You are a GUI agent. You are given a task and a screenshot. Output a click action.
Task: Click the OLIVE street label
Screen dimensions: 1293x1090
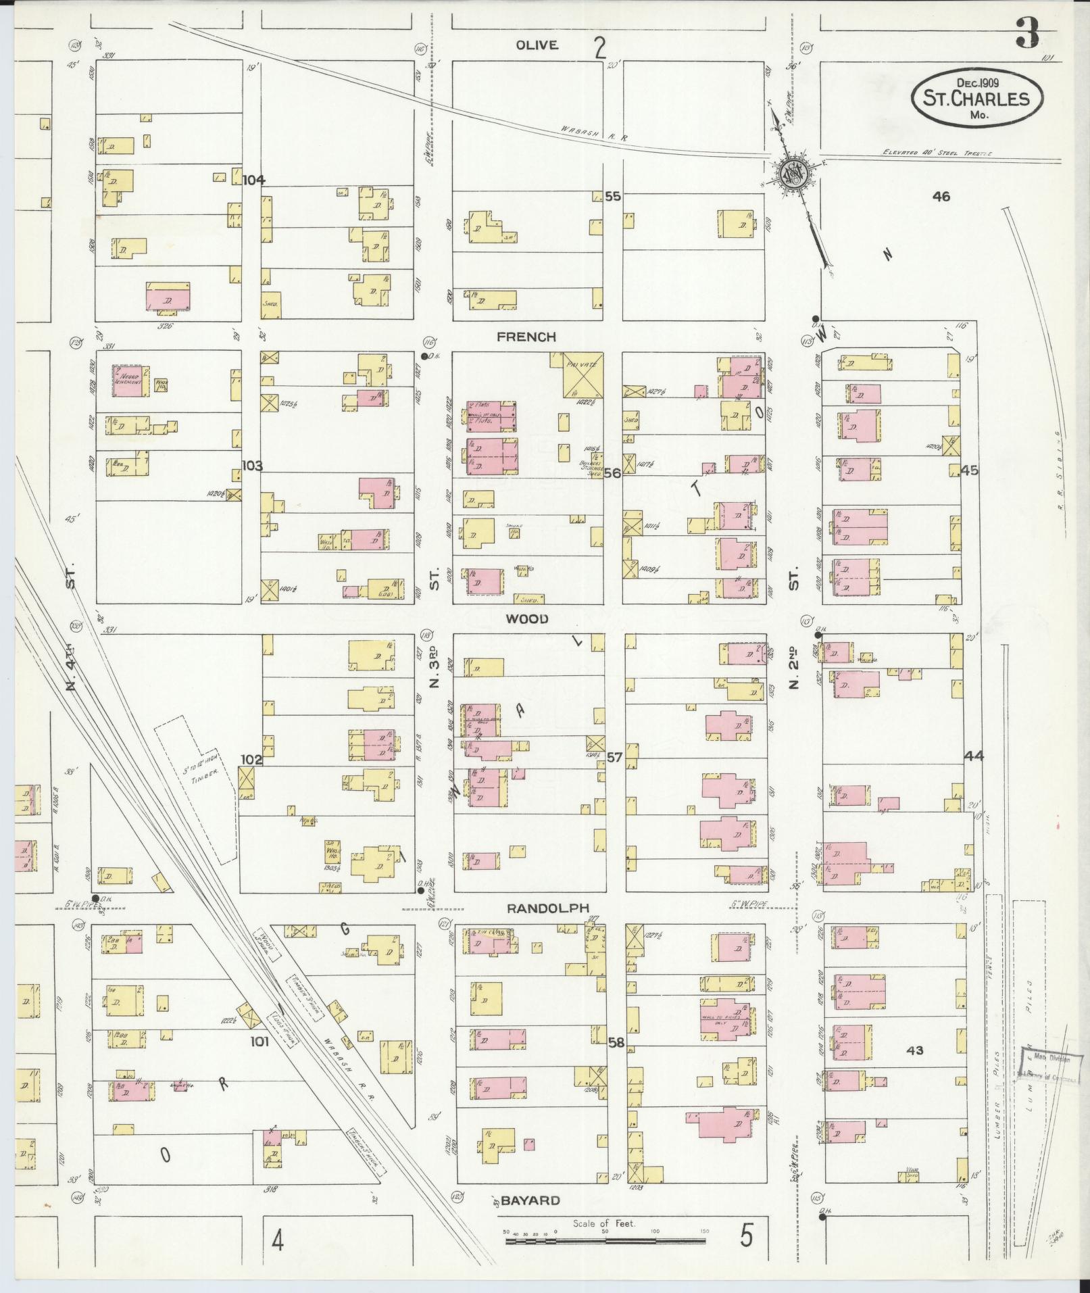[x=537, y=45]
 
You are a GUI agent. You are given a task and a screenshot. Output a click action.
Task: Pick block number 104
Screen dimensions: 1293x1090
[x=255, y=180]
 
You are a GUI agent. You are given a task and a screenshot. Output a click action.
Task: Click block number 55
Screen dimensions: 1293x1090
[x=612, y=197]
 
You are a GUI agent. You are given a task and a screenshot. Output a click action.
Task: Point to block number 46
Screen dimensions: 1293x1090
[x=941, y=197]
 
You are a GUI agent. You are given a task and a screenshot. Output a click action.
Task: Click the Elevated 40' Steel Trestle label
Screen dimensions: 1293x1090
[x=937, y=153]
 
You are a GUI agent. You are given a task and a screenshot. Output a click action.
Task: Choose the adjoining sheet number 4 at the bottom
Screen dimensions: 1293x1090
[x=277, y=1240]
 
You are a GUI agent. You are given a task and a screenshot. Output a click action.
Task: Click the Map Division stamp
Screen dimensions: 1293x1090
[x=1045, y=1069]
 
